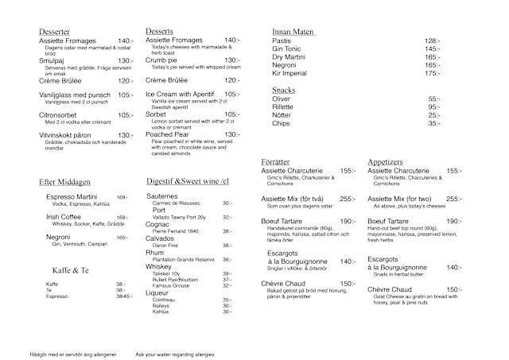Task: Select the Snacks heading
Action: [284, 90]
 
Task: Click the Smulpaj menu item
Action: [56, 60]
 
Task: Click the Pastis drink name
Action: [282, 41]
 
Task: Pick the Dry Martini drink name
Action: [289, 56]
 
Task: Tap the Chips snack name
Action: [281, 123]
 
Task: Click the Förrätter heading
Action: [278, 162]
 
